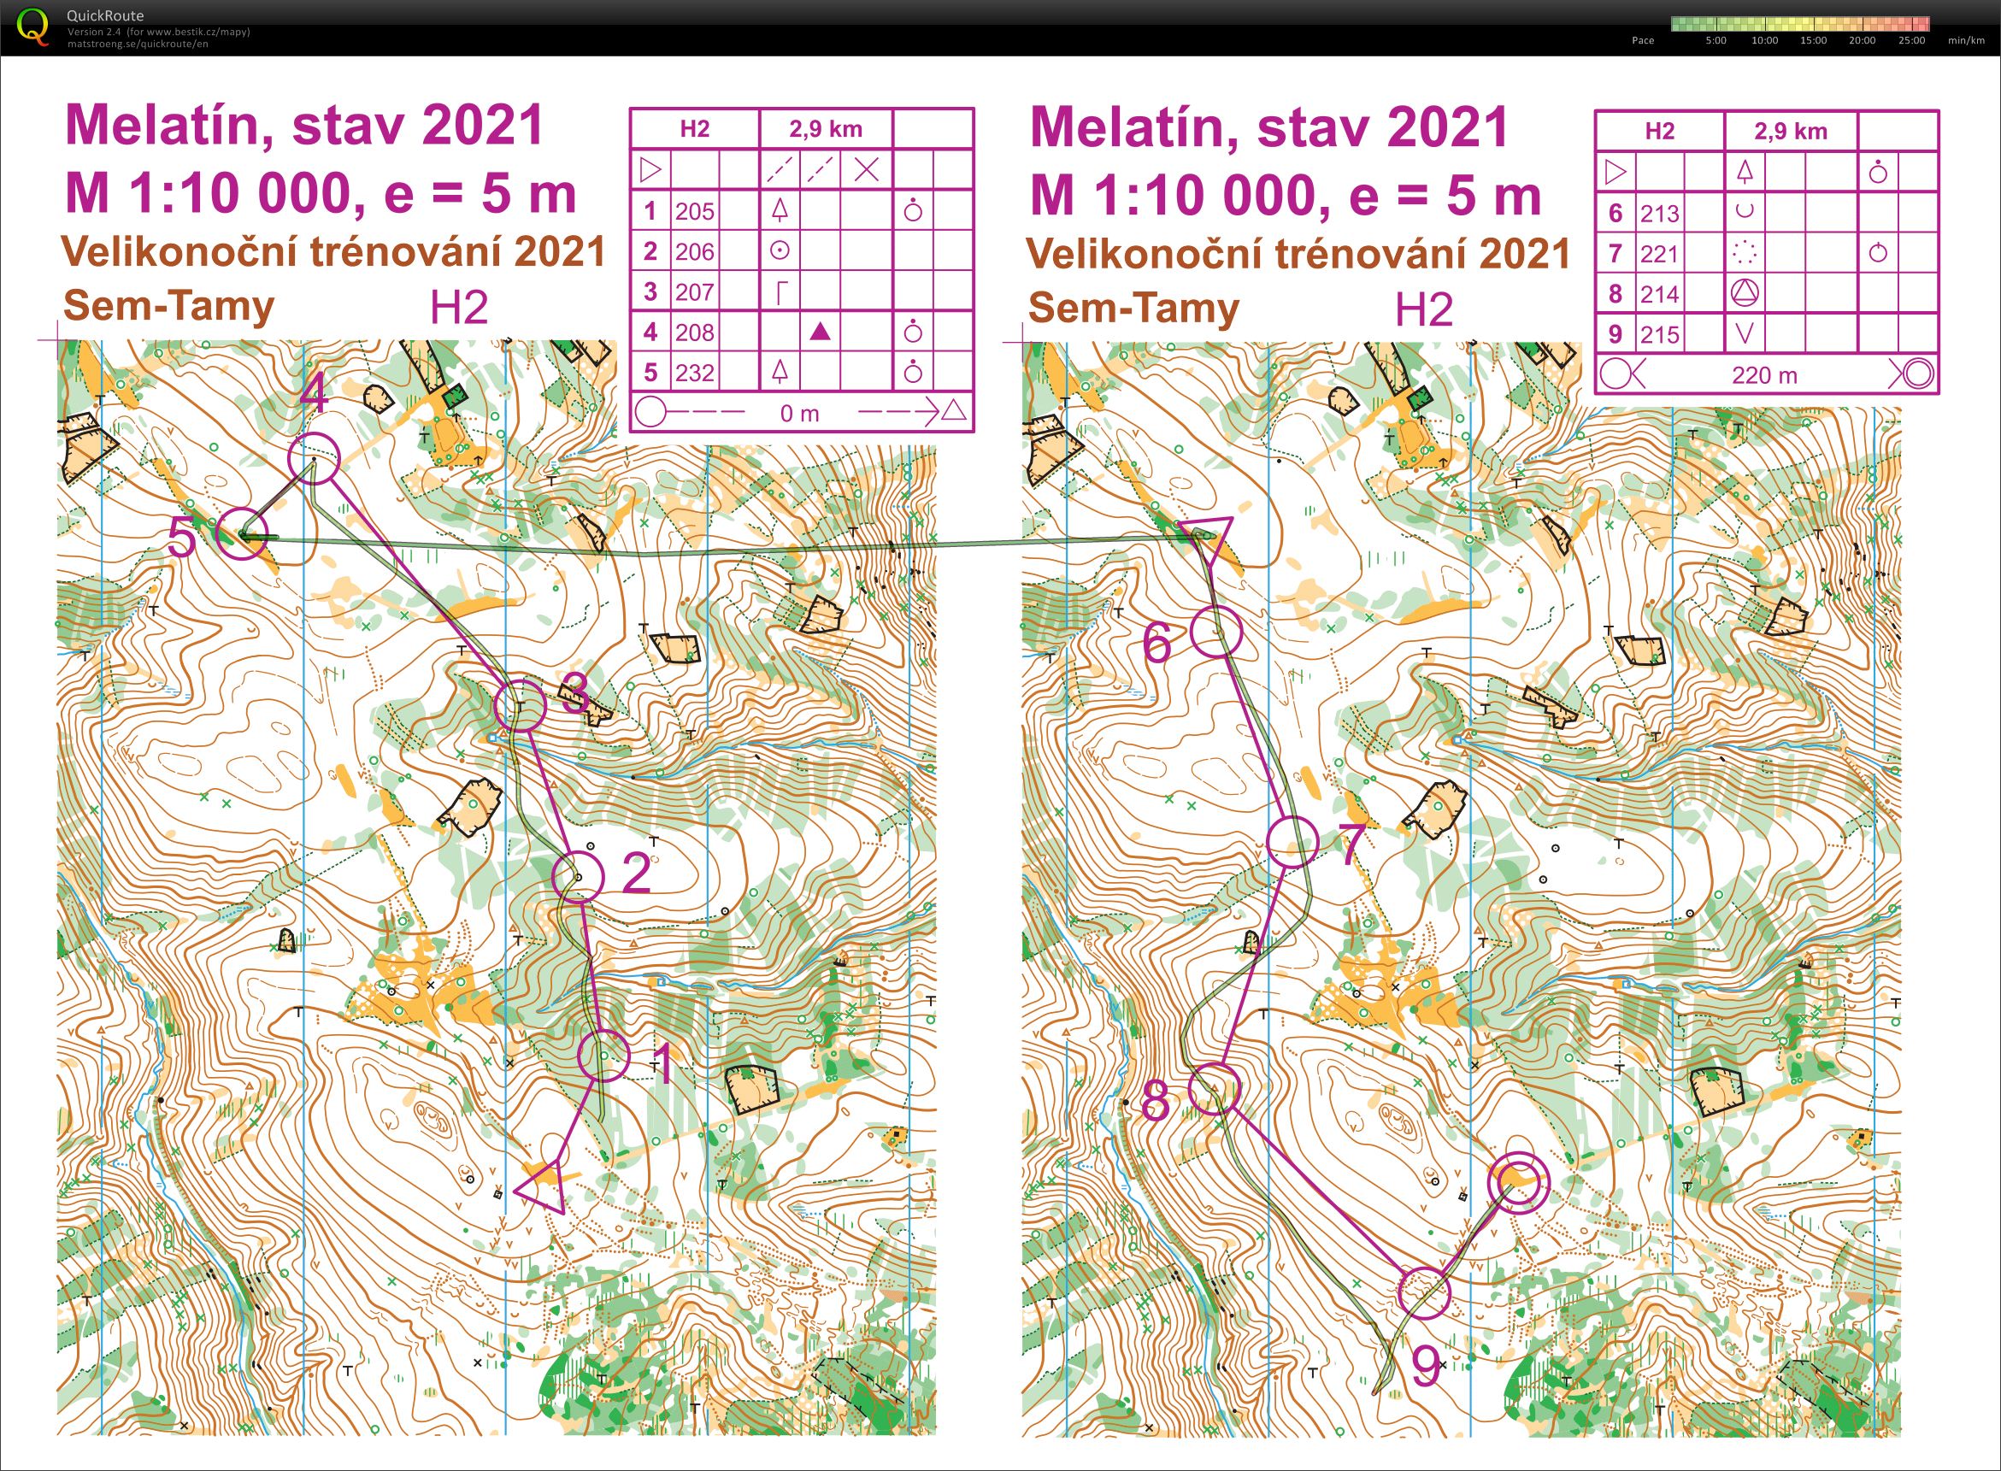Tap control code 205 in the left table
point(695,211)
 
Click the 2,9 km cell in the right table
point(1790,132)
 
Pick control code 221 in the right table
point(1659,254)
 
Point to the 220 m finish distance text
point(1764,375)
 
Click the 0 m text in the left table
point(799,413)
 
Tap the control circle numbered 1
point(603,1055)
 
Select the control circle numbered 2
point(578,877)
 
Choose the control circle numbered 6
point(1215,632)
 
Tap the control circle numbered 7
point(1292,840)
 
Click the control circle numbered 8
point(1214,1087)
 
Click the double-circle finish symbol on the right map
point(1518,1182)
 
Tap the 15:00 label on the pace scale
point(1813,40)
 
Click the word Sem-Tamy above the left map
point(169,307)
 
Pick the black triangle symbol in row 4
point(821,332)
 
